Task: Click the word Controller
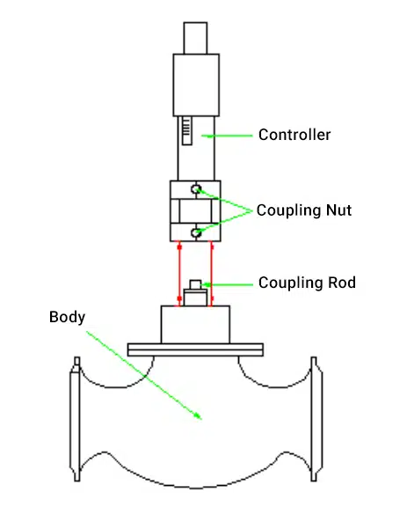[x=294, y=135]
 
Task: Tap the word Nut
[x=338, y=210]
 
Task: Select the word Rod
[x=342, y=283]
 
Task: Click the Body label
[x=67, y=317]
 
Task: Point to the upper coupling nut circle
[x=196, y=189]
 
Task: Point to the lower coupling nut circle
[x=196, y=233]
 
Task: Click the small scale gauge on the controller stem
[x=186, y=130]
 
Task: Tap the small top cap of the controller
[x=195, y=38]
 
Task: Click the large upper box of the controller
[x=196, y=85]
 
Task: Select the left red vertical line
[x=179, y=274]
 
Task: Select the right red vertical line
[x=212, y=274]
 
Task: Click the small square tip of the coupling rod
[x=195, y=284]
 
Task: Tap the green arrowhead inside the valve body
[x=198, y=416]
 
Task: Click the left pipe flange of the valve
[x=75, y=419]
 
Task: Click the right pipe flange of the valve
[x=316, y=419]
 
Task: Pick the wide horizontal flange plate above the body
[x=195, y=349]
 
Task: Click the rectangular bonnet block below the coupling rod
[x=195, y=325]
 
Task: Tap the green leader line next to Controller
[x=227, y=136]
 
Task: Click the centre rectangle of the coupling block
[x=195, y=211]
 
